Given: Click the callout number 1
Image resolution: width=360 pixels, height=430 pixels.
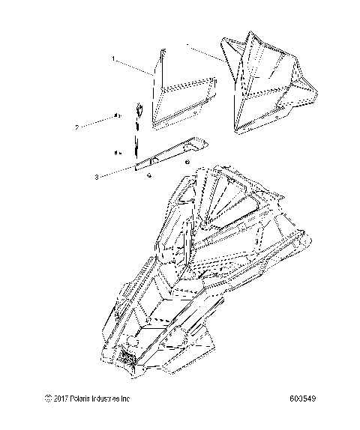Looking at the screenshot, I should (x=113, y=58).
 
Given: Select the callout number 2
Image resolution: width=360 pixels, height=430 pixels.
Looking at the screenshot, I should (x=99, y=127).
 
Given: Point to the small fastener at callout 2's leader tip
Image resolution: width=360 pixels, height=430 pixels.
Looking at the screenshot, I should (x=118, y=115).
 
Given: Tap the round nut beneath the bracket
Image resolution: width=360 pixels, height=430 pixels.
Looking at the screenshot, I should (x=150, y=175).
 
